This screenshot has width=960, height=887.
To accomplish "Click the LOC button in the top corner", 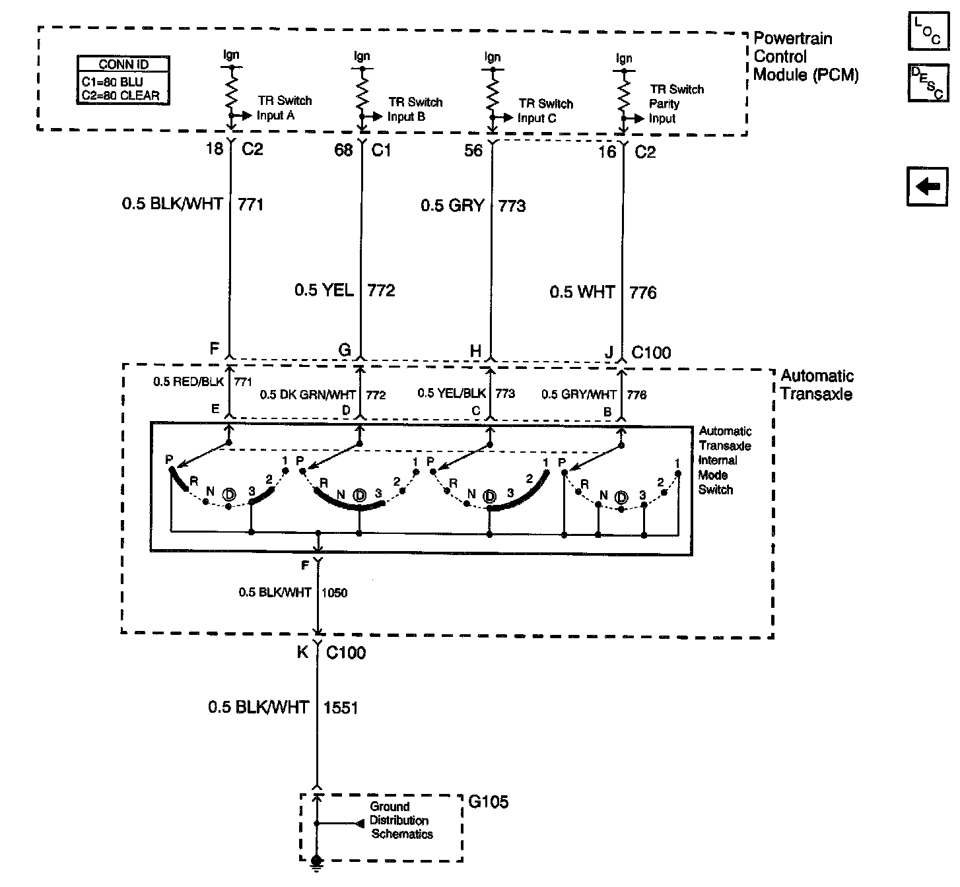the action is pos(928,31).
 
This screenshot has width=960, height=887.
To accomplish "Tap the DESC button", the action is pos(928,82).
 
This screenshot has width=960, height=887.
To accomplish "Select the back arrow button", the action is pos(927,187).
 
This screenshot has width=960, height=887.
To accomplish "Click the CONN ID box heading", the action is pos(123,64).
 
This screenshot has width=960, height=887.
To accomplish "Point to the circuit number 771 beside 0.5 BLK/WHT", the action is pos(250,205).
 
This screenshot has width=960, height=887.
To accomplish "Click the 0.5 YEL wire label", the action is pos(324,290).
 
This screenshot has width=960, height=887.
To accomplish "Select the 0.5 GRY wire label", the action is pos(452,205).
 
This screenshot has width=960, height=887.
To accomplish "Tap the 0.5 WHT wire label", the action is pos(582,292).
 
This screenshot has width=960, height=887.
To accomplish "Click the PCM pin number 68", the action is pos(343,150).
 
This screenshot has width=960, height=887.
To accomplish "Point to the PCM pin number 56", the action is pos(473,151).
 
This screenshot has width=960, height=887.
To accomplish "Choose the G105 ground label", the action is pos(488,802).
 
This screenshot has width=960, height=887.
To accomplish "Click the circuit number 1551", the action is pos(340,707).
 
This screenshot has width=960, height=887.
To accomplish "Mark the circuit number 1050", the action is pos(334,593).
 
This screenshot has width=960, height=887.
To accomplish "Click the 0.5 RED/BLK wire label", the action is pos(189,381).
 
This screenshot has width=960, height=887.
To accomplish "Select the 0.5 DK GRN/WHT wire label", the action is pos(308,395).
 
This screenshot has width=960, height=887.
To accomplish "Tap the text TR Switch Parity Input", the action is pos(676,104).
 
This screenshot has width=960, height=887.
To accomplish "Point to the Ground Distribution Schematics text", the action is pos(401,820).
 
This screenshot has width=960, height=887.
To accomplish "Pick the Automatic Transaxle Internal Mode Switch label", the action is pos(724,460).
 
